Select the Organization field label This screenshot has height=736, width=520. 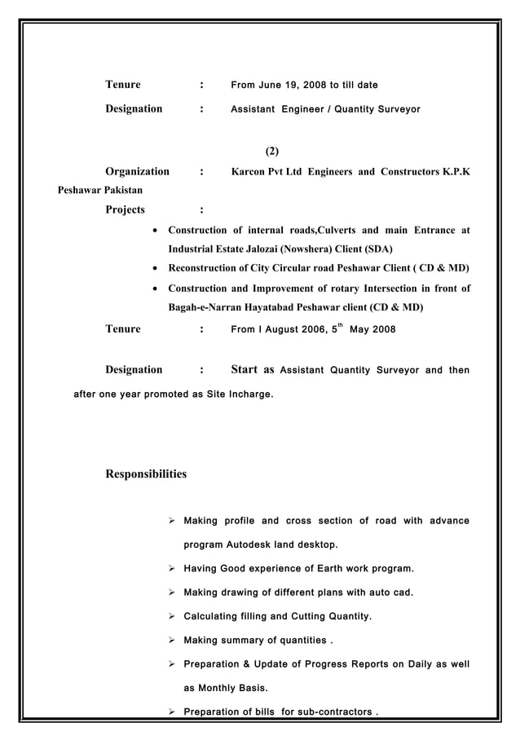(x=137, y=172)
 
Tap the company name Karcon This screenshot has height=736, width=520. (x=251, y=172)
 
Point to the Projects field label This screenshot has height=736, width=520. (x=125, y=209)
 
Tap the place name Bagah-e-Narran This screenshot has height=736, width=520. (x=208, y=308)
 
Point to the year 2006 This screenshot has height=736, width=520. (x=311, y=329)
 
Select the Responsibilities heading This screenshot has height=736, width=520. (x=146, y=474)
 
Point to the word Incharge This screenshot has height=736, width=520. (x=246, y=394)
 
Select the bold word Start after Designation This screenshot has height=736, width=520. (x=245, y=369)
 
